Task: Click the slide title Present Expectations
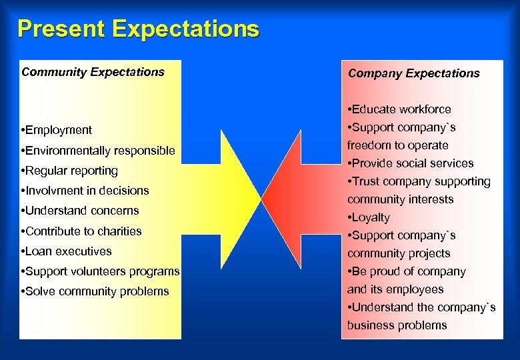pyautogui.click(x=138, y=29)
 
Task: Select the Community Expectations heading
pyautogui.click(x=93, y=72)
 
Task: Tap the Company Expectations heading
pyautogui.click(x=413, y=73)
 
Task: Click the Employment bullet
pyautogui.click(x=57, y=130)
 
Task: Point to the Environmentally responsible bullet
pyautogui.click(x=98, y=151)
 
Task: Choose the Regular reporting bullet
pyautogui.click(x=69, y=171)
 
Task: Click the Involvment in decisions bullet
pyautogui.click(x=85, y=191)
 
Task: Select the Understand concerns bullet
pyautogui.click(x=80, y=211)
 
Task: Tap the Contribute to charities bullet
pyautogui.click(x=81, y=231)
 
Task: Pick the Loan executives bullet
pyautogui.click(x=67, y=251)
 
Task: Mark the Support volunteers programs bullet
pyautogui.click(x=100, y=271)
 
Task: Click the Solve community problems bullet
pyautogui.click(x=95, y=291)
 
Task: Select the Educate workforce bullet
pyautogui.click(x=399, y=109)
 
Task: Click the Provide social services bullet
pyautogui.click(x=410, y=163)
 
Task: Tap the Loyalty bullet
pyautogui.click(x=369, y=217)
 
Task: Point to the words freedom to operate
pyautogui.click(x=397, y=145)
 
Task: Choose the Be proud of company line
pyautogui.click(x=407, y=271)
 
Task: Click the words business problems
pyautogui.click(x=397, y=325)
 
